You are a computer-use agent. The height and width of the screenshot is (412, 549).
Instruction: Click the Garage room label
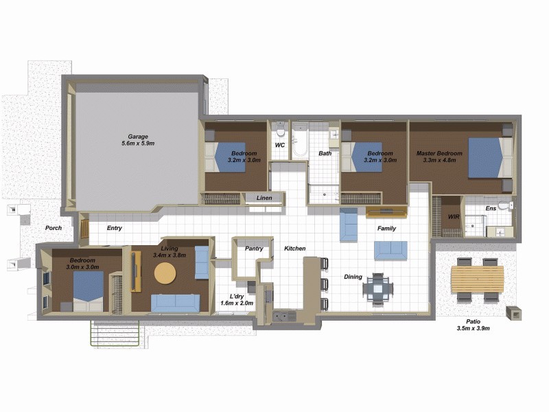click(x=137, y=136)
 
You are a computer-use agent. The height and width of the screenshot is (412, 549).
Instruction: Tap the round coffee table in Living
click(x=165, y=273)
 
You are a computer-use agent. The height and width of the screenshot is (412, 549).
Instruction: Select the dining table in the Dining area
click(x=378, y=288)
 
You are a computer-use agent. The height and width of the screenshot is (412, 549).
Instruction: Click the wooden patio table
click(x=477, y=278)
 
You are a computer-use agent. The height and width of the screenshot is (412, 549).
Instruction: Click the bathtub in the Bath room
click(x=300, y=142)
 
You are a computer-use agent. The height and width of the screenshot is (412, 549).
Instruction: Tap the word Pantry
click(x=254, y=249)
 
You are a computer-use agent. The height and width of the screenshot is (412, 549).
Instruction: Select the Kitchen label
click(x=295, y=249)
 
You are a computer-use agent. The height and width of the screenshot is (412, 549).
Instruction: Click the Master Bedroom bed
click(x=489, y=157)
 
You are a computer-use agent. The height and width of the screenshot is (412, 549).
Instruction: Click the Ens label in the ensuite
click(x=491, y=208)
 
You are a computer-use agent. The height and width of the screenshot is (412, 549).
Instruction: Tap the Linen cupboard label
click(x=264, y=198)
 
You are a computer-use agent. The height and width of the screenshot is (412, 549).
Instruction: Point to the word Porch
click(x=54, y=228)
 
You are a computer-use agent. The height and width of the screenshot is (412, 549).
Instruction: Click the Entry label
click(x=115, y=228)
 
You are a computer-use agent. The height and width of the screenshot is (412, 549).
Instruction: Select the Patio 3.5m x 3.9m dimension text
click(x=473, y=329)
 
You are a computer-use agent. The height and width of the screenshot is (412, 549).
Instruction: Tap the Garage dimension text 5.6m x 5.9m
click(x=137, y=144)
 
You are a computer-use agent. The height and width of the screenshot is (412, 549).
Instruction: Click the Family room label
click(x=386, y=228)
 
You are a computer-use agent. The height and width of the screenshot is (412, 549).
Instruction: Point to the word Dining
click(x=353, y=277)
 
